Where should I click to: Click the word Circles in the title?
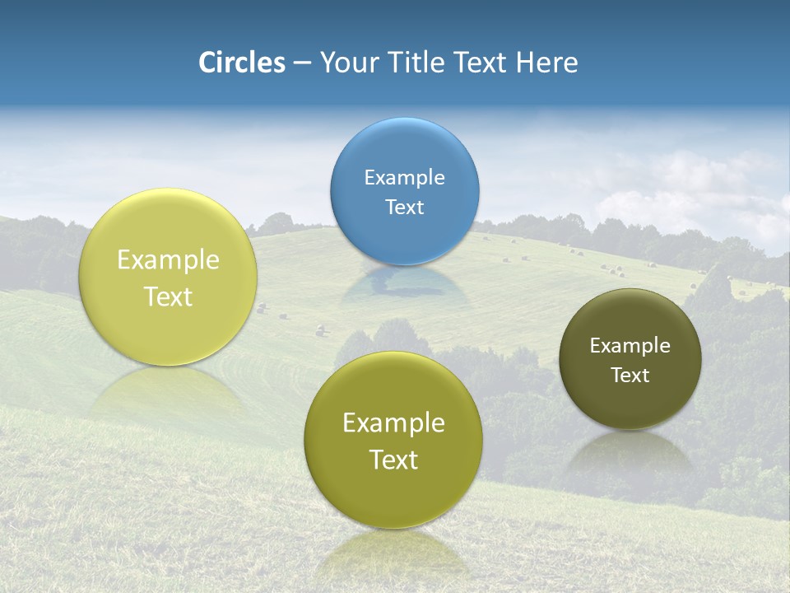(241, 63)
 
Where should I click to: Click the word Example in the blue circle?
(405, 177)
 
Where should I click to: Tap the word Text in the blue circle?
(405, 207)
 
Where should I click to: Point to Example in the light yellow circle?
(168, 260)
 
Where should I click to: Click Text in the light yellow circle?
(168, 296)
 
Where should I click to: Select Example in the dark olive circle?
(630, 345)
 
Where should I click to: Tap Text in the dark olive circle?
(630, 375)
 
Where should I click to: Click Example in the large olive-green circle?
(393, 423)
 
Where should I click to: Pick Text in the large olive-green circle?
(393, 460)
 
